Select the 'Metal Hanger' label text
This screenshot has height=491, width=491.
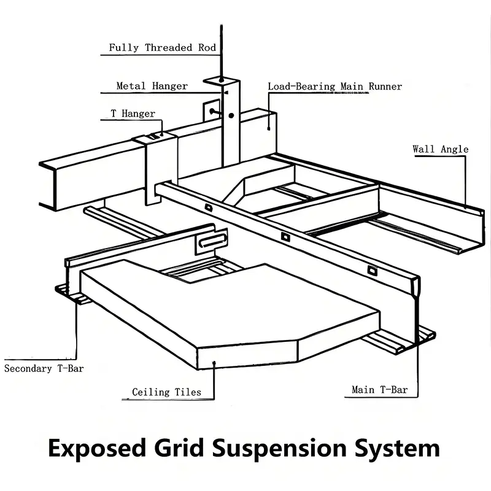pyautogui.click(x=152, y=86)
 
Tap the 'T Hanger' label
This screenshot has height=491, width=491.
pyautogui.click(x=133, y=114)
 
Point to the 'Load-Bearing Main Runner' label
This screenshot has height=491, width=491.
pyautogui.click(x=334, y=87)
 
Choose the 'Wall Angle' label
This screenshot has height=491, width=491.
pyautogui.click(x=440, y=149)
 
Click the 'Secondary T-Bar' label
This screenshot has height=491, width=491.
pyautogui.click(x=44, y=369)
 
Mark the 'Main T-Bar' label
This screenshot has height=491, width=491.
pyautogui.click(x=379, y=390)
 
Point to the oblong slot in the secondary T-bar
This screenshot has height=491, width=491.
pyautogui.click(x=212, y=242)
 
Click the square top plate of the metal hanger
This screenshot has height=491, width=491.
pyautogui.click(x=221, y=80)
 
